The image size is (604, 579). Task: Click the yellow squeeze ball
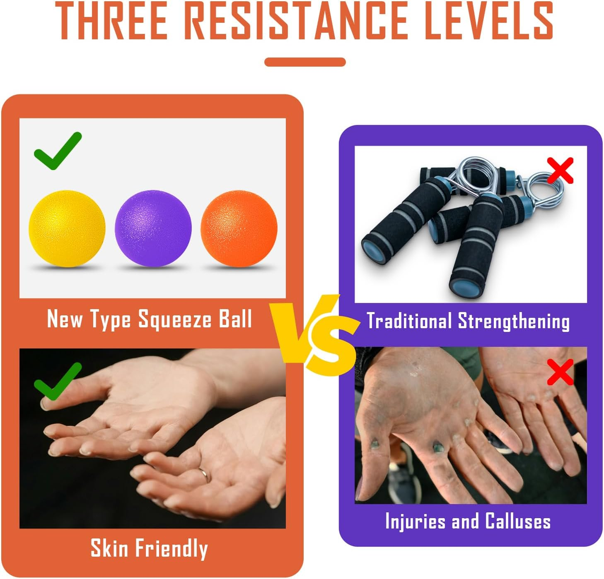[67, 229]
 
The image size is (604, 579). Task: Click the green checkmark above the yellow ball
[58, 151]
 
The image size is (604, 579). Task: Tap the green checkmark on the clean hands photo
[58, 381]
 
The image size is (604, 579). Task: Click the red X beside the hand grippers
[560, 170]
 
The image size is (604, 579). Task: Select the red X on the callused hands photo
[560, 372]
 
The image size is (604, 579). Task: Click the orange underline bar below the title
[305, 62]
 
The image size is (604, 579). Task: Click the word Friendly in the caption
[172, 549]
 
